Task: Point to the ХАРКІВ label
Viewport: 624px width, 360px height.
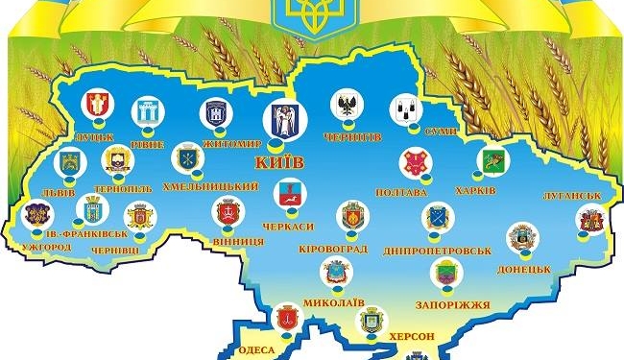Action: [x=476, y=190]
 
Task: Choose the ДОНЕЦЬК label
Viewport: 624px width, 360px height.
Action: [x=523, y=270]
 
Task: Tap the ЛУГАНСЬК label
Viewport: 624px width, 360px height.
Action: [x=572, y=195]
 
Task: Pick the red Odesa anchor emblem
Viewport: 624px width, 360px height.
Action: [x=285, y=318]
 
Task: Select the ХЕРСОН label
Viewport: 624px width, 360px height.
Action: [x=414, y=336]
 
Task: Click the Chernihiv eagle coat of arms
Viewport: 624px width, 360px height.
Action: [x=346, y=105]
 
